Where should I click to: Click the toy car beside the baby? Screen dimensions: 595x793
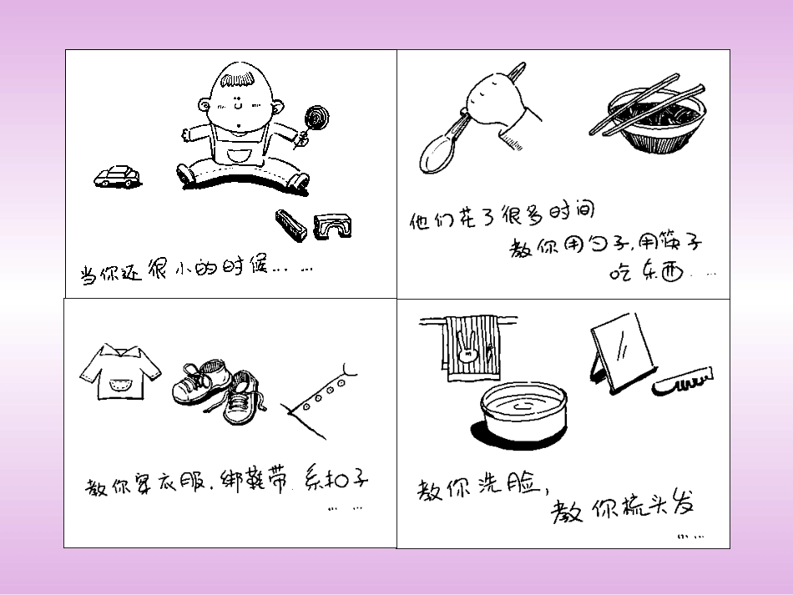(117, 176)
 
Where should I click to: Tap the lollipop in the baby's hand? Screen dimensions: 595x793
(316, 117)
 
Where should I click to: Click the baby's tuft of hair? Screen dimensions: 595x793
(236, 79)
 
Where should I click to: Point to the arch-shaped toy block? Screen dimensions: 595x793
(333, 225)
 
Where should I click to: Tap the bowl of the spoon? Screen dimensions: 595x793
(437, 154)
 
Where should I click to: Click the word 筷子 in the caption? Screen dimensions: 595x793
(670, 245)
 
